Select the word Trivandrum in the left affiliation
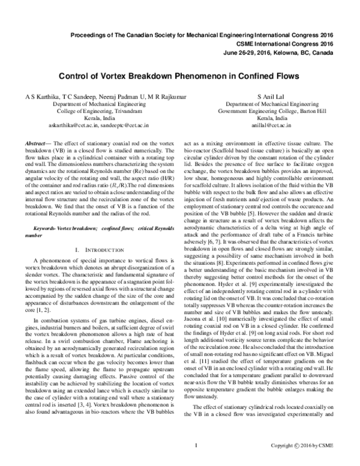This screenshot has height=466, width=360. pyautogui.click(x=110, y=112)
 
